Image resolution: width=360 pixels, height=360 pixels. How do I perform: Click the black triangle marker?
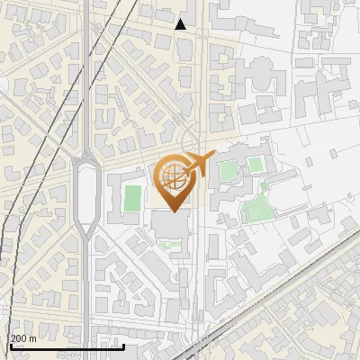[181, 24]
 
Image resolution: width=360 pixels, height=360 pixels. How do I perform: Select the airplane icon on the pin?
[199, 164]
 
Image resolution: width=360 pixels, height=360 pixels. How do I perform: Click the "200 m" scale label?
[23, 338]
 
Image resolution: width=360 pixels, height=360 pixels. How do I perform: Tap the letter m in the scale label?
[33, 338]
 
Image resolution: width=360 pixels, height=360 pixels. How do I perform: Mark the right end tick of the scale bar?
[123, 345]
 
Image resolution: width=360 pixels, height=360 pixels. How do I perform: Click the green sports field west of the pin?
[133, 198]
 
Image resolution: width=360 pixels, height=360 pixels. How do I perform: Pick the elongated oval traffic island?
[86, 193]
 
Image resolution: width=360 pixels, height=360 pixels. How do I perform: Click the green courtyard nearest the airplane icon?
[229, 168]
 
